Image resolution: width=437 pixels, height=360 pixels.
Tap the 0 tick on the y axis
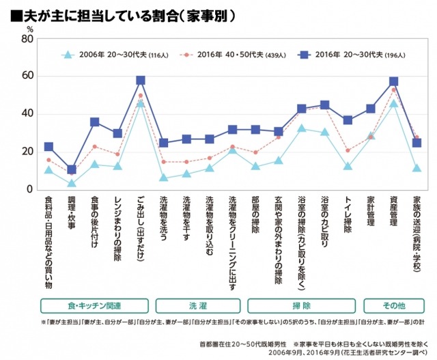pyautogui.click(x=31, y=189)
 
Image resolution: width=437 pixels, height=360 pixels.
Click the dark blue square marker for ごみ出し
pyautogui.click(x=141, y=81)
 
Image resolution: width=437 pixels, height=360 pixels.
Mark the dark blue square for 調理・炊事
pyautogui.click(x=72, y=169)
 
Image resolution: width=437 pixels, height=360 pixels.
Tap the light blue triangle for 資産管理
pyautogui.click(x=393, y=104)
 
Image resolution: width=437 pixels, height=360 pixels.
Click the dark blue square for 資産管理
pyautogui.click(x=393, y=82)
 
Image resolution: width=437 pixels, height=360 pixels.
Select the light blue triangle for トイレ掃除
pyautogui.click(x=348, y=166)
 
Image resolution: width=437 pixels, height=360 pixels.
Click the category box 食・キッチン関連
pyautogui.click(x=94, y=305)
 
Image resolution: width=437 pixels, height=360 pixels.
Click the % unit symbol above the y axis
pyautogui.click(x=29, y=28)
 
